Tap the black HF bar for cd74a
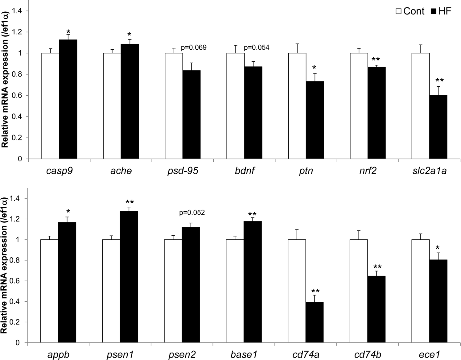click(315, 322)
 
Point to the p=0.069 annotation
click(194, 48)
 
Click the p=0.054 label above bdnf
click(257, 48)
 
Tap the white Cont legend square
click(399, 11)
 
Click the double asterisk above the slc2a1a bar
click(438, 81)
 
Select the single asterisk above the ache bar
click(130, 34)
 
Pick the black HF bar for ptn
click(315, 120)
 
